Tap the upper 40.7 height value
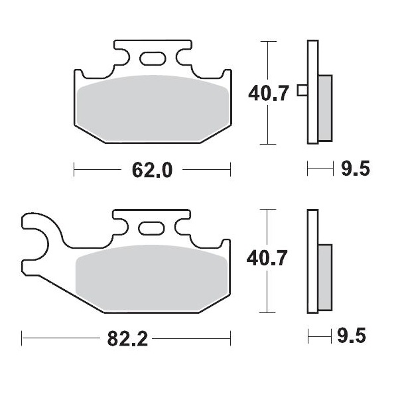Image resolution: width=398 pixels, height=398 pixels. point(267,93)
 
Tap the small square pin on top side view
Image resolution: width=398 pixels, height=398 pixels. point(301,91)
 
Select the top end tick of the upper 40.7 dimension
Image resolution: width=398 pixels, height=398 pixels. point(267,41)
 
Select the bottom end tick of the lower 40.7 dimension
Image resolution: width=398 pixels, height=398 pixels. point(267,313)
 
